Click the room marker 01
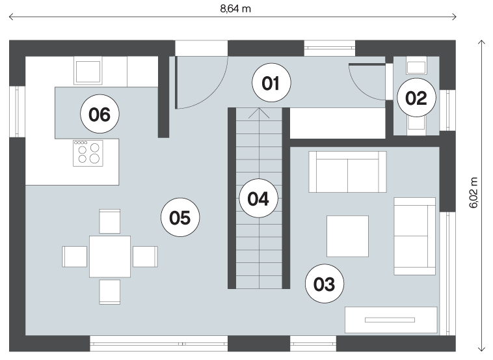tap(271, 83)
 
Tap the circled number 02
tap(416, 98)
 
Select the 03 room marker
tap(325, 284)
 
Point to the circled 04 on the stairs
tap(258, 199)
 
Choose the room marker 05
tap(180, 217)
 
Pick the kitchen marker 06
tap(100, 114)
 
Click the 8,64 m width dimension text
tap(235, 8)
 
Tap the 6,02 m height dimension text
tap(473, 193)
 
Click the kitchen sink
tap(88, 70)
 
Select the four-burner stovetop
tap(88, 153)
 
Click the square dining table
tap(110, 256)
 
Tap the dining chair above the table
tap(110, 221)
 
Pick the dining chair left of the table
tap(75, 256)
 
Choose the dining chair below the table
tap(110, 292)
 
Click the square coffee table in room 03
tap(347, 236)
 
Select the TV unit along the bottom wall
tap(391, 320)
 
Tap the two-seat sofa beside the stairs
tap(347, 171)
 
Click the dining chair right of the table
tap(145, 256)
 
